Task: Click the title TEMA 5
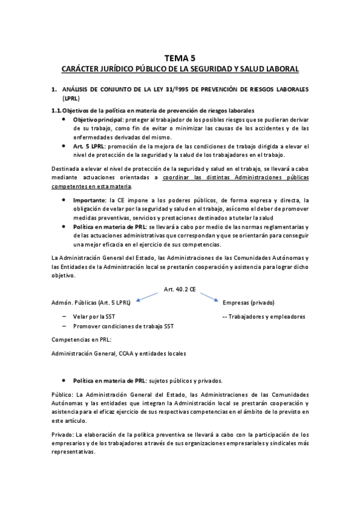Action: (x=180, y=58)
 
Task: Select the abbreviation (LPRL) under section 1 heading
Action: (x=70, y=98)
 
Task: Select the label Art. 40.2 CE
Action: (x=180, y=289)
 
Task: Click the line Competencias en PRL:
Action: (x=80, y=340)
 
